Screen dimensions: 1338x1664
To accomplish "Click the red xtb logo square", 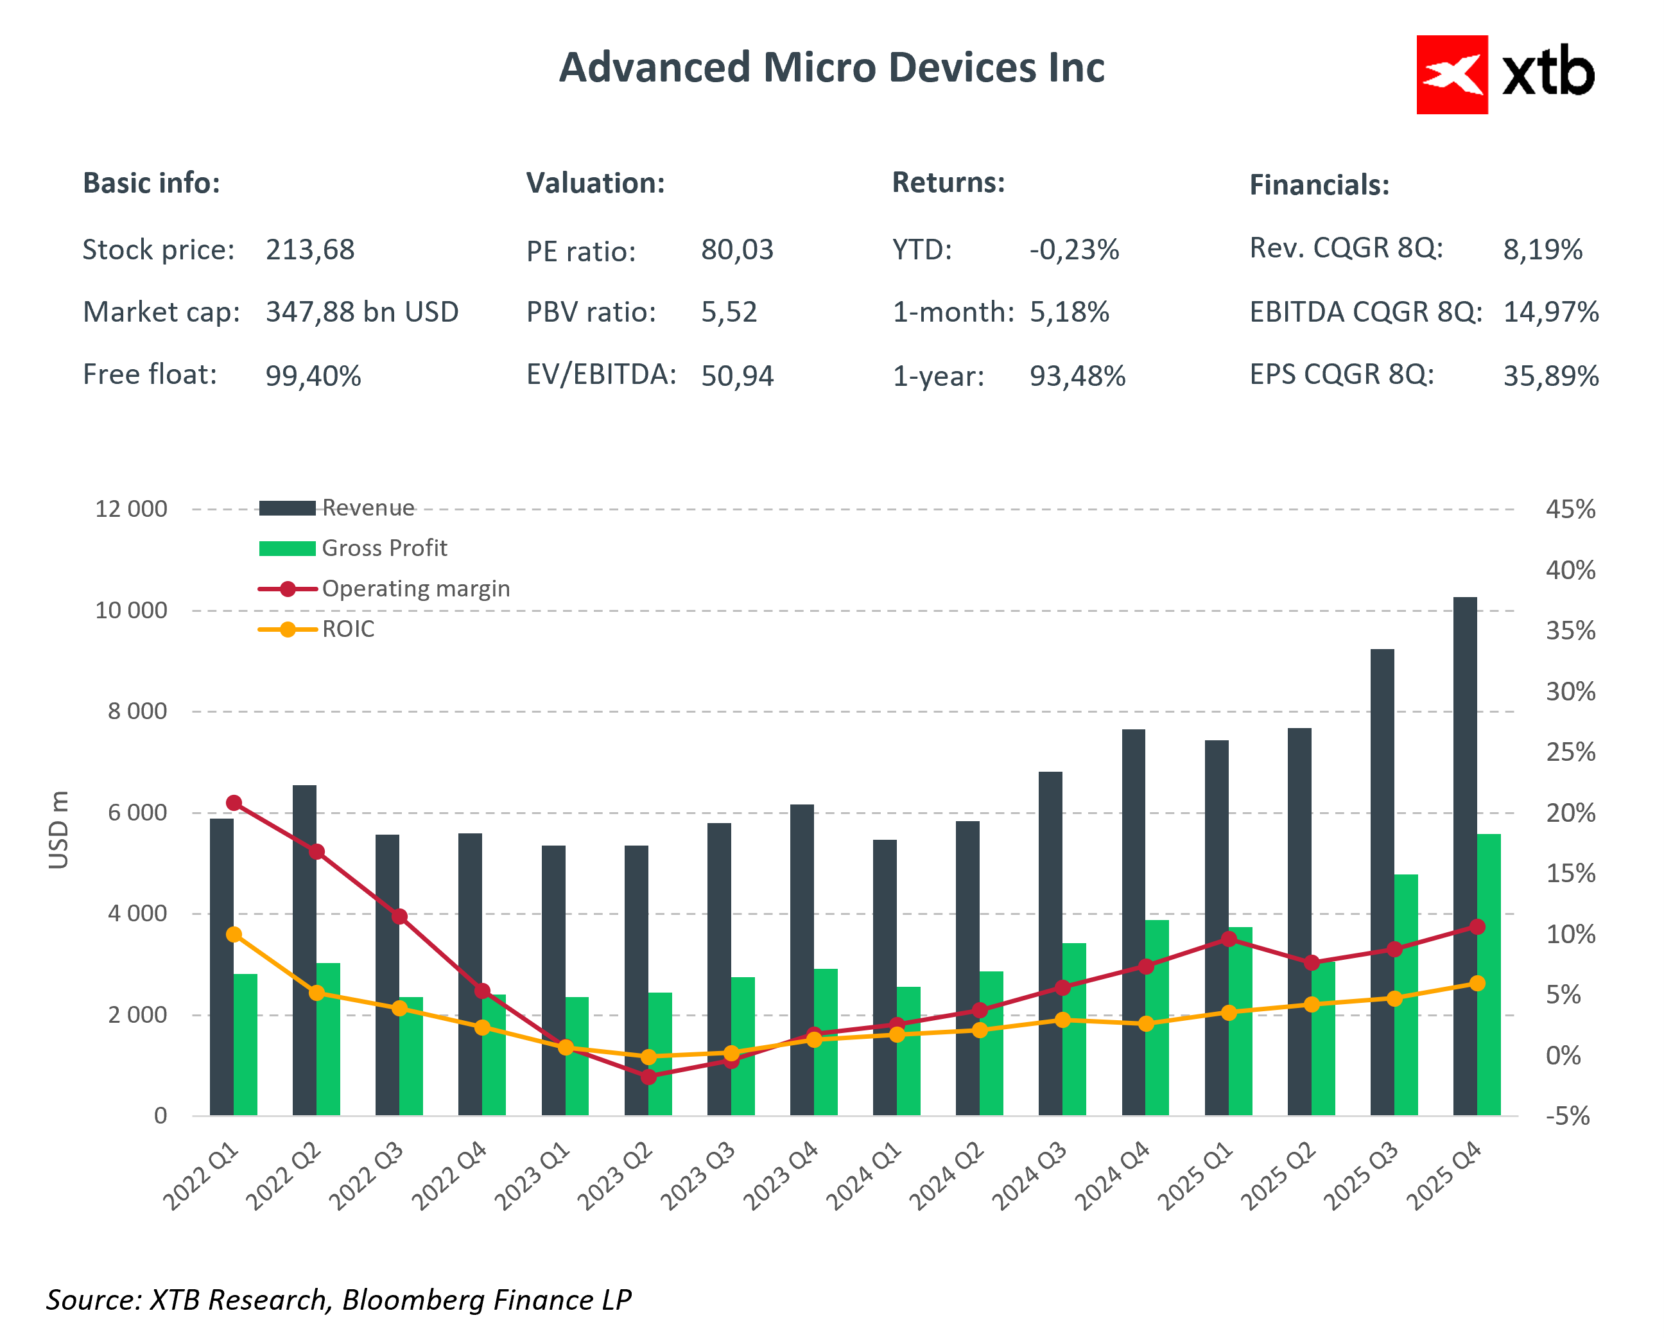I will [1451, 75].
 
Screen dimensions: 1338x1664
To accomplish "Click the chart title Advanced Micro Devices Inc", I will [831, 68].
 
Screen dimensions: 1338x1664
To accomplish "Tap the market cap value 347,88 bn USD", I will [362, 313].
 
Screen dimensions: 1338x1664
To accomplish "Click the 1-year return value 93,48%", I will [1077, 376].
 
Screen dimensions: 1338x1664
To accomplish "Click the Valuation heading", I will [595, 184].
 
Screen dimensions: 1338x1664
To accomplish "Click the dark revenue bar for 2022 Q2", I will [304, 950].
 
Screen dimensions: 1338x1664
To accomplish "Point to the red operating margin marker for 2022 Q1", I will [234, 803].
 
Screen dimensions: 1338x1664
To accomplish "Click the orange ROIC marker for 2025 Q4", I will [1477, 983].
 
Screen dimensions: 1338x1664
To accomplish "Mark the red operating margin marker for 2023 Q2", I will [648, 1076].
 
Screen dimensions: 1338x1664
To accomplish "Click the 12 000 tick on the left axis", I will [130, 510].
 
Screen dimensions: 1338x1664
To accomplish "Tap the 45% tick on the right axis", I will [1570, 510].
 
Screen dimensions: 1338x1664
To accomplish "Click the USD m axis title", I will [58, 830].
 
